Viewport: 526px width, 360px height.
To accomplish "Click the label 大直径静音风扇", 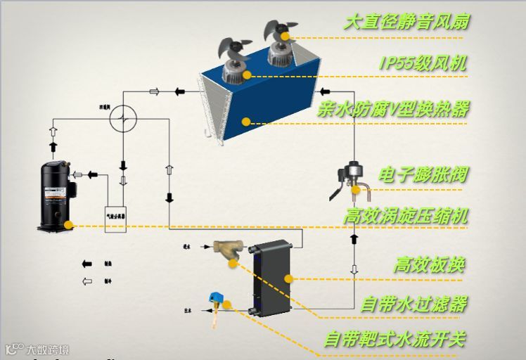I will tap(406, 21).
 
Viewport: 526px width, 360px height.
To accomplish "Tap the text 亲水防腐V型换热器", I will tap(392, 109).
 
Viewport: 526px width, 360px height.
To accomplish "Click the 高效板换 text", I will tap(429, 264).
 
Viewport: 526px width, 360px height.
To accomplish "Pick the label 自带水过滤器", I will tap(413, 304).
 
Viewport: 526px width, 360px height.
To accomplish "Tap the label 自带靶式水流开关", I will tap(394, 339).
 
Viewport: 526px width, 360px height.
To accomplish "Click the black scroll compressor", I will tap(55, 195).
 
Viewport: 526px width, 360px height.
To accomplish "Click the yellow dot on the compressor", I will tap(68, 225).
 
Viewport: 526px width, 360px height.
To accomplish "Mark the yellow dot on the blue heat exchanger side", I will tap(245, 122).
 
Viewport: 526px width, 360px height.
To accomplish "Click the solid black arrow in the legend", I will tap(87, 264).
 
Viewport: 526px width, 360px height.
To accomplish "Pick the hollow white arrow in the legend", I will tap(87, 281).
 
